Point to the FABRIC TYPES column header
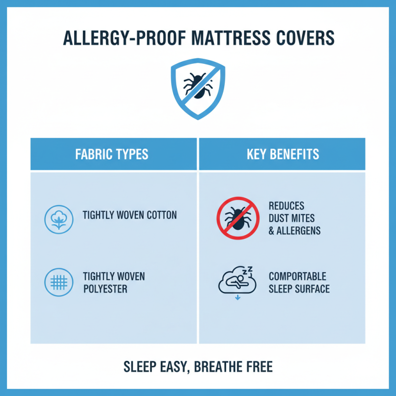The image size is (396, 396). (112, 154)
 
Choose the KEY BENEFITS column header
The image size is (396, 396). (283, 154)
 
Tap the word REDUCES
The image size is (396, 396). (287, 205)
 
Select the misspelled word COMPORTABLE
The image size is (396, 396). (297, 276)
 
